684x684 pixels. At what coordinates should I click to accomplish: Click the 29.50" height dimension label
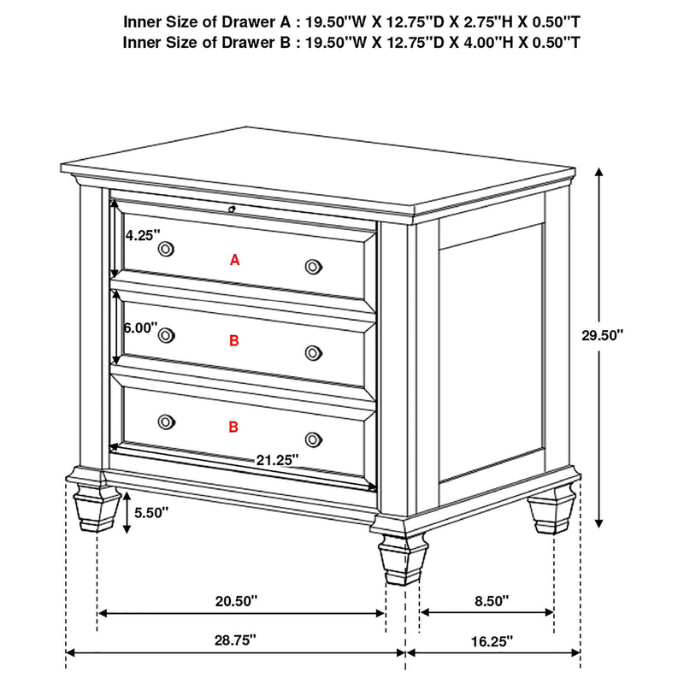(x=602, y=335)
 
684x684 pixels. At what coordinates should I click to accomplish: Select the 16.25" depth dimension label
(x=492, y=639)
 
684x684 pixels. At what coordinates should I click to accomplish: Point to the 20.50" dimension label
(x=236, y=601)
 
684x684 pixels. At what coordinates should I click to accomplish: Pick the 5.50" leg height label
(x=151, y=513)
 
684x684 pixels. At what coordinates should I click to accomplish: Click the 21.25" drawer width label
(x=277, y=459)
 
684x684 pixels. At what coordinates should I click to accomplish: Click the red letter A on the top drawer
(x=235, y=260)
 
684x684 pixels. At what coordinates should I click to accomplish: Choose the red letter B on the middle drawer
(x=235, y=341)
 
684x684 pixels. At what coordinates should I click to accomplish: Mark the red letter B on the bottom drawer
(x=234, y=427)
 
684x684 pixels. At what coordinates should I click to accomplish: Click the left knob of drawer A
(x=166, y=249)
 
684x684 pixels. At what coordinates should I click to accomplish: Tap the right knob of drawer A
(x=314, y=267)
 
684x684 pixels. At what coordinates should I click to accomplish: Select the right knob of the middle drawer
(x=314, y=352)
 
